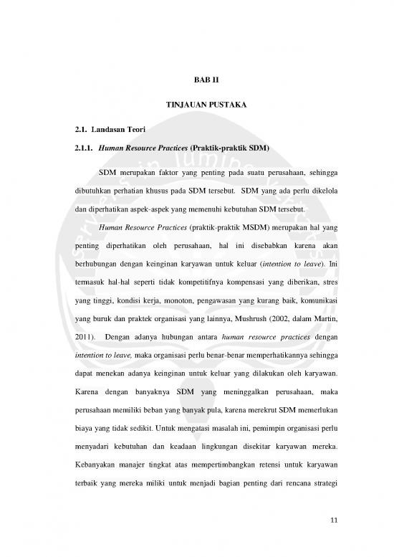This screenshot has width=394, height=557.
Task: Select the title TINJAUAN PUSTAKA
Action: coord(196,105)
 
